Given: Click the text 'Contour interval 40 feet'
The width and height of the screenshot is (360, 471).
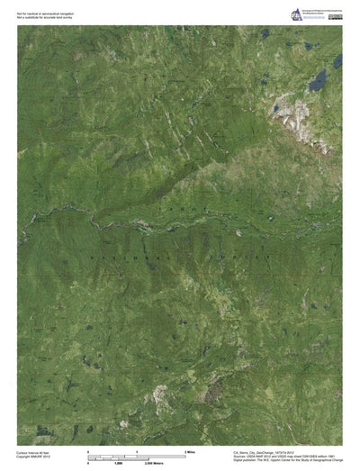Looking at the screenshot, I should click(x=34, y=452).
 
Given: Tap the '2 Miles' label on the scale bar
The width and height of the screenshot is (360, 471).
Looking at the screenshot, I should click(x=191, y=450).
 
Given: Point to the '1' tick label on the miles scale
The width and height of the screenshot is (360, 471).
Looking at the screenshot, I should click(x=137, y=450).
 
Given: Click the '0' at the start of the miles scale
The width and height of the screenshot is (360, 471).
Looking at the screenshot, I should click(x=88, y=450).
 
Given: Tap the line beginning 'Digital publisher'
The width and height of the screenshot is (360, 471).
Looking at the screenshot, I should click(x=287, y=461).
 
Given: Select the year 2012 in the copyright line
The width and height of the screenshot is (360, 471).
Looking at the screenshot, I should click(x=52, y=457).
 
